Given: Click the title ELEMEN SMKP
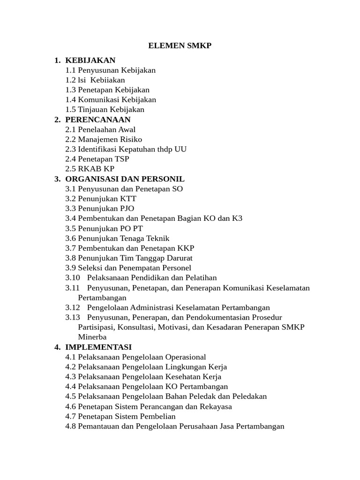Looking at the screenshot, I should pos(180,45).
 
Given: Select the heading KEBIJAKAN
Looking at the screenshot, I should pos(90,60).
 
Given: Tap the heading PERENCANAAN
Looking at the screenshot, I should pos(97,120).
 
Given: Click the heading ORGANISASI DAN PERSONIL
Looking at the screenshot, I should pos(125,179).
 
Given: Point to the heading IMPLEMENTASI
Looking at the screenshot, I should pos(98,347).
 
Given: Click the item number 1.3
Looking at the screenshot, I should pos(71,90).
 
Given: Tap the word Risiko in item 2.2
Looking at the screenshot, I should pos(131,139).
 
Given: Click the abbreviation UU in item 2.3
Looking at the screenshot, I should pos(180,149).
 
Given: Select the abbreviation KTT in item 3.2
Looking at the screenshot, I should pos(128,199).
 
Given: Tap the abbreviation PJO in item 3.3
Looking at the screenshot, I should pos(127,209).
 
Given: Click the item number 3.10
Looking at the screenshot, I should pos(73,278).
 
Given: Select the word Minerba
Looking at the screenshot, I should pos(92,337).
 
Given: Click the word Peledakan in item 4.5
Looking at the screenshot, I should pos(249,397).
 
